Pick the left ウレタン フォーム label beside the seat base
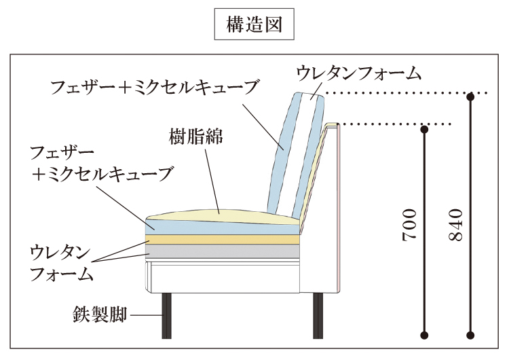pos(61,264)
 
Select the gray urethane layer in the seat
pos(224,251)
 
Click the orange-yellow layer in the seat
pos(224,238)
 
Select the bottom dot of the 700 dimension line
pos(425,334)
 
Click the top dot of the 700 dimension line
pos(425,128)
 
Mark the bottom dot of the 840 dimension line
pos(470,334)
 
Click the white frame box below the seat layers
pos(224,275)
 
